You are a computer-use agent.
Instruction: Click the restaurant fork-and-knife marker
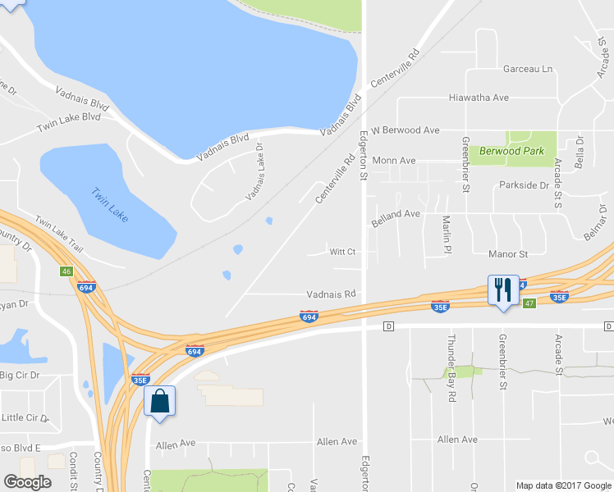[x=503, y=289]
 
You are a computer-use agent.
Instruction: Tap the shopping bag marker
[x=159, y=401]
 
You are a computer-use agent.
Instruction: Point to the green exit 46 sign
[x=65, y=271]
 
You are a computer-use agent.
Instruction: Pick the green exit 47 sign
[x=529, y=303]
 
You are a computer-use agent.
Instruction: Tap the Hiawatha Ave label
[x=479, y=98]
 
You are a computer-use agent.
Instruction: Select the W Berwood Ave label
[x=406, y=130]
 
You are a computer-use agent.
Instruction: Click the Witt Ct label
[x=342, y=252]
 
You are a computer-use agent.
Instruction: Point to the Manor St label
[x=507, y=255]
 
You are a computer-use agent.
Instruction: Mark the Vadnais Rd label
[x=331, y=294]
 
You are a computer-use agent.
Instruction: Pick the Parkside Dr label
[x=524, y=185]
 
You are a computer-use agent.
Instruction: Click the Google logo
[x=27, y=483]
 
